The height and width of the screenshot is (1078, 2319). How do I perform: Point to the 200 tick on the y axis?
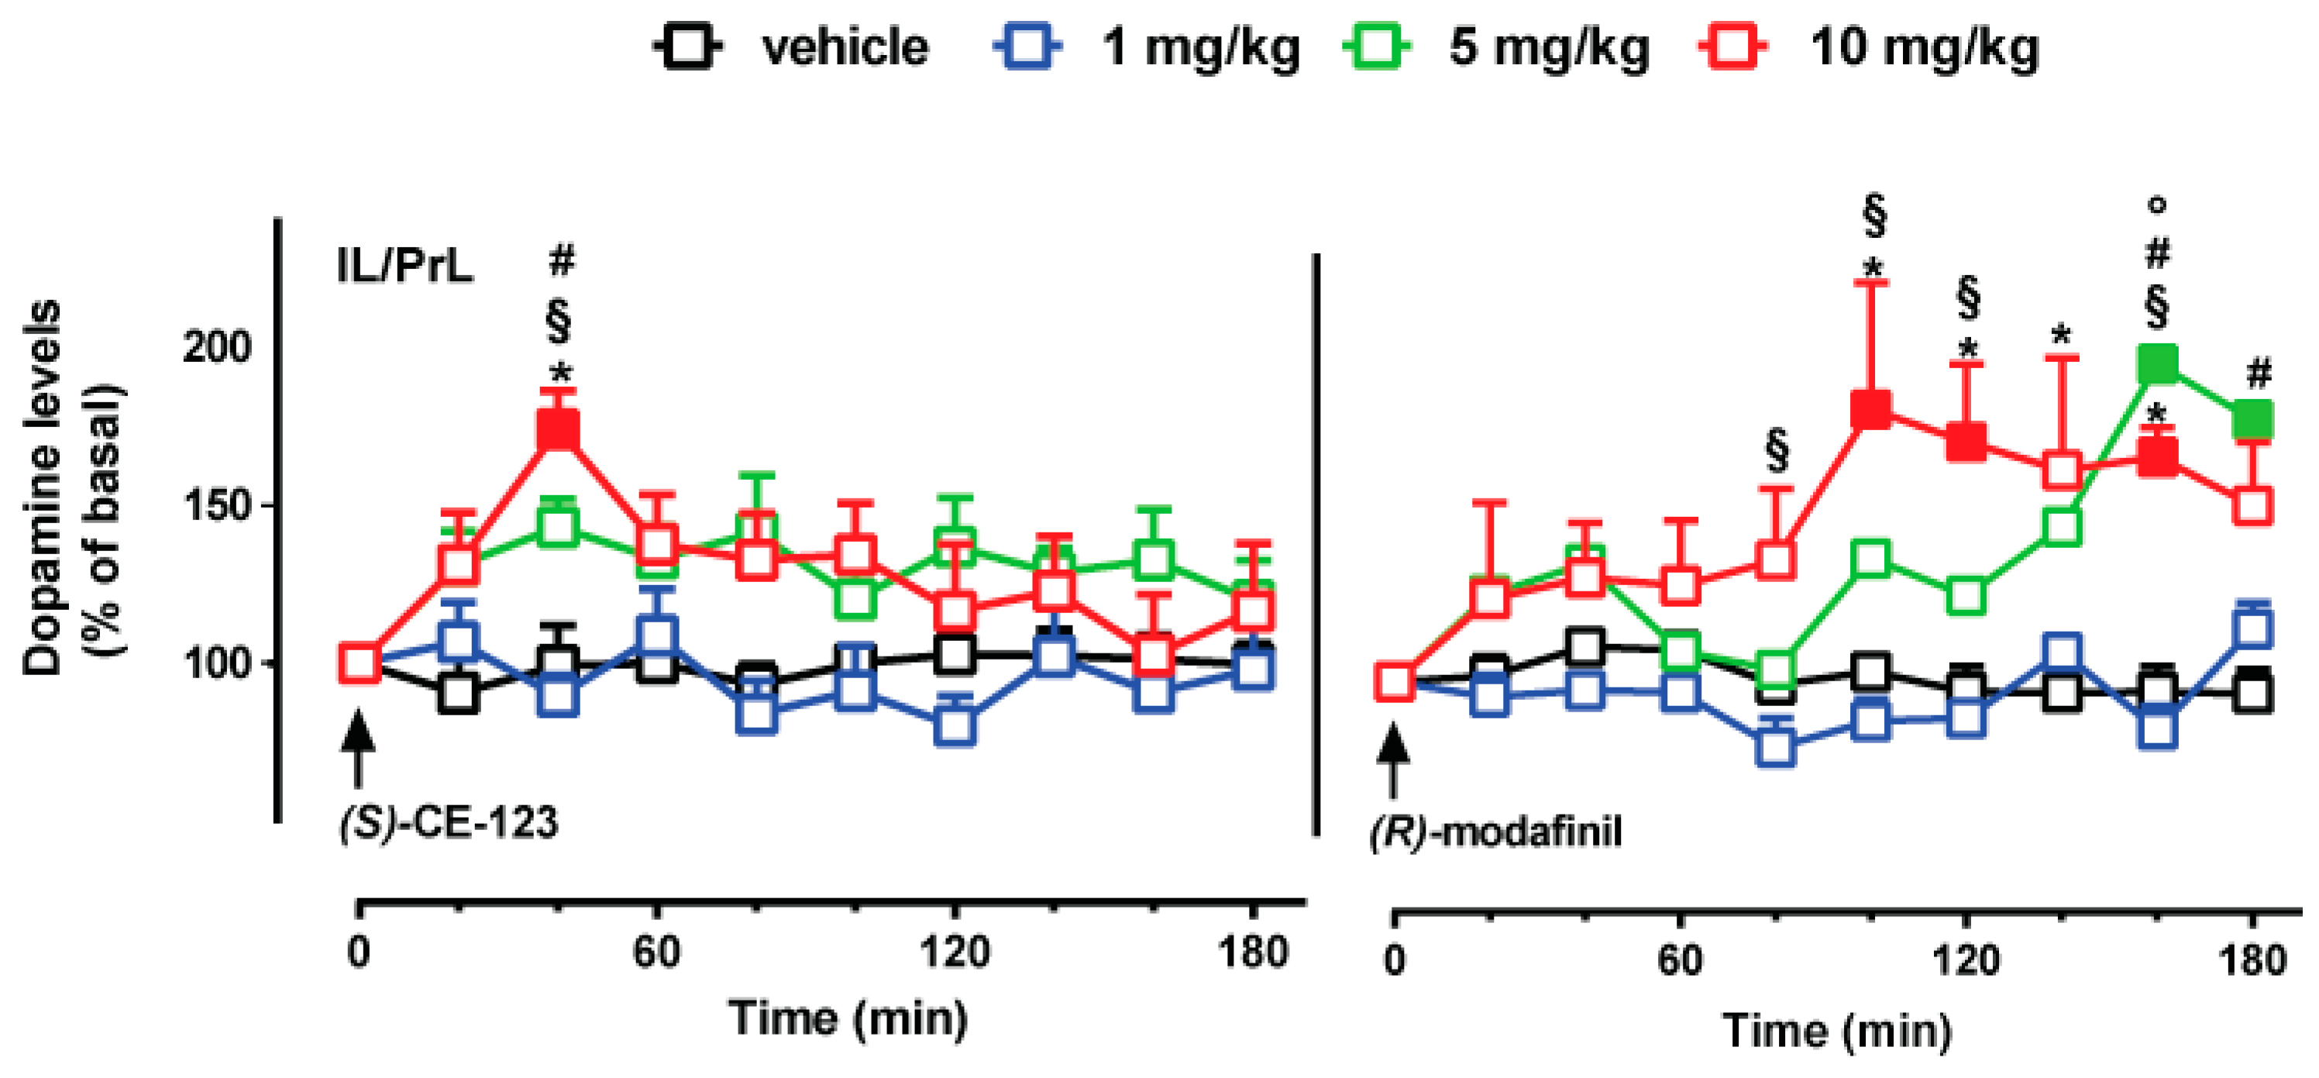tap(216, 346)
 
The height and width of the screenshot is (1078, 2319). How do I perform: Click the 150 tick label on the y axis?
tap(216, 505)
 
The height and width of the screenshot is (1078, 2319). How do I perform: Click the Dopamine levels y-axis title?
tap(72, 487)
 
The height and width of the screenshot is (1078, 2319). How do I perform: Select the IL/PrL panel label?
tap(404, 267)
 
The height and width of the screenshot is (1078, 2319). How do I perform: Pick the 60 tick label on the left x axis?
tap(656, 952)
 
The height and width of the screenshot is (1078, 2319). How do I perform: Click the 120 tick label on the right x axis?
tap(1966, 961)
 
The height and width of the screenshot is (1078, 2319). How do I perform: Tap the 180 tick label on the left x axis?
tap(1253, 952)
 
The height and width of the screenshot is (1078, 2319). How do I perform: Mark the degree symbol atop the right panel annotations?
tap(2157, 205)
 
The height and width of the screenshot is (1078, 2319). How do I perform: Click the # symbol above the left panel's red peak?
tap(561, 260)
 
